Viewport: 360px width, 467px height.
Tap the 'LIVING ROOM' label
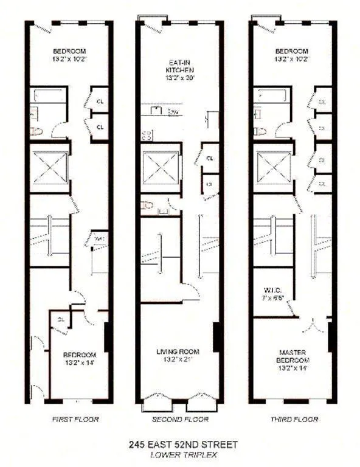(x=179, y=351)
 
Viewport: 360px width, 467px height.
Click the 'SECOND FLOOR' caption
(x=180, y=420)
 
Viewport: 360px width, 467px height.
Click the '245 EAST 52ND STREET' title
(x=179, y=445)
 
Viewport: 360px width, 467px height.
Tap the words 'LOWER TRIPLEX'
(x=179, y=454)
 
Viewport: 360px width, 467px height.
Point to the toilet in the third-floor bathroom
(x=258, y=130)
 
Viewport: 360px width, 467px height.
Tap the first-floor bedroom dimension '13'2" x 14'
(x=77, y=363)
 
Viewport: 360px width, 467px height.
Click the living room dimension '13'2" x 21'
(x=179, y=359)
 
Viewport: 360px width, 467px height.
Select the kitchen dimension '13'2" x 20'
(x=179, y=77)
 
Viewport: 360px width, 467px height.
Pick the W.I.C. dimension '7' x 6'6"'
(x=271, y=299)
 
